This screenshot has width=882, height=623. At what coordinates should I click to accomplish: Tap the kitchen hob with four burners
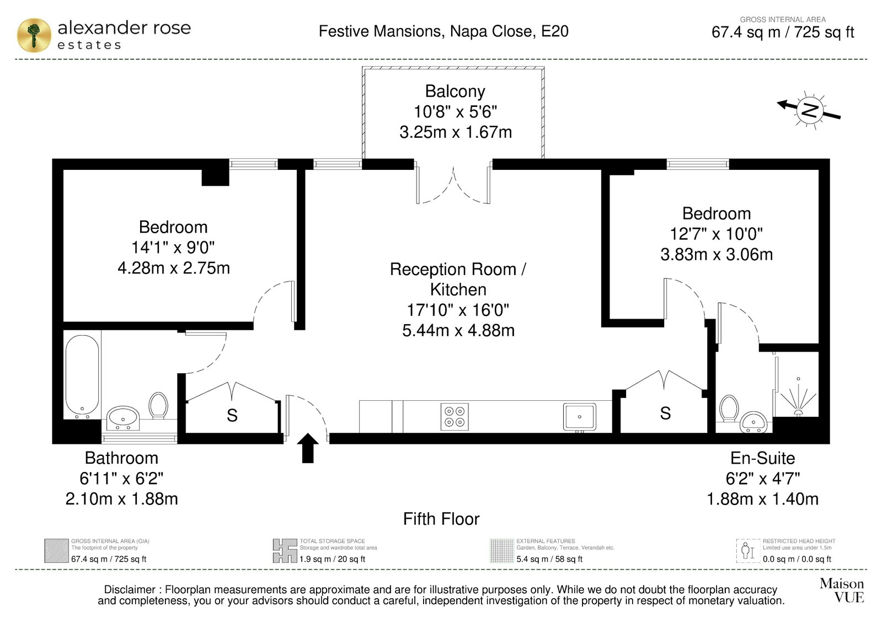pos(455,416)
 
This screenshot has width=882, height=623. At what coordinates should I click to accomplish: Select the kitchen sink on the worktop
pos(579,417)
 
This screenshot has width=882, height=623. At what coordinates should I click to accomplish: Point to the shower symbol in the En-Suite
pos(798,398)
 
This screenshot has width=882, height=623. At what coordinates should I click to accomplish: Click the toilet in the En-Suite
pos(729,408)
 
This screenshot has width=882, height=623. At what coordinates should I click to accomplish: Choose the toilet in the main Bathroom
pos(158,405)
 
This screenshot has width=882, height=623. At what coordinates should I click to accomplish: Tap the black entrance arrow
pos(308,448)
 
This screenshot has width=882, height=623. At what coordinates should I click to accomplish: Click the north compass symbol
pos(810,110)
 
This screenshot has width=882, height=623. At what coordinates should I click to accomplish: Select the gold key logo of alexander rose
pos(34,35)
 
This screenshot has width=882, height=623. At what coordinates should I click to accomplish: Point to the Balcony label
pos(455,92)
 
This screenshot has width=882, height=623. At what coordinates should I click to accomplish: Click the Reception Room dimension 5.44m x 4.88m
pos(458,330)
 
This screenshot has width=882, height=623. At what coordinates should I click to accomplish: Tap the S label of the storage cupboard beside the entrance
pos(232,415)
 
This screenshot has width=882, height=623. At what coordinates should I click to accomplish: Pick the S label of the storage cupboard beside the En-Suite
pos(665,413)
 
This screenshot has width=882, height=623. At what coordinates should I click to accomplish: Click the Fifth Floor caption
pos(441,519)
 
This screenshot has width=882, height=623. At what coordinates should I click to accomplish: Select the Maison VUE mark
pos(842,590)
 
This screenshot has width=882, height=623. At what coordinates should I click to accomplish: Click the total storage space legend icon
pos(285,551)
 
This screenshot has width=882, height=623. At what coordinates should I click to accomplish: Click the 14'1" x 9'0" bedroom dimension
pos(173,248)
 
